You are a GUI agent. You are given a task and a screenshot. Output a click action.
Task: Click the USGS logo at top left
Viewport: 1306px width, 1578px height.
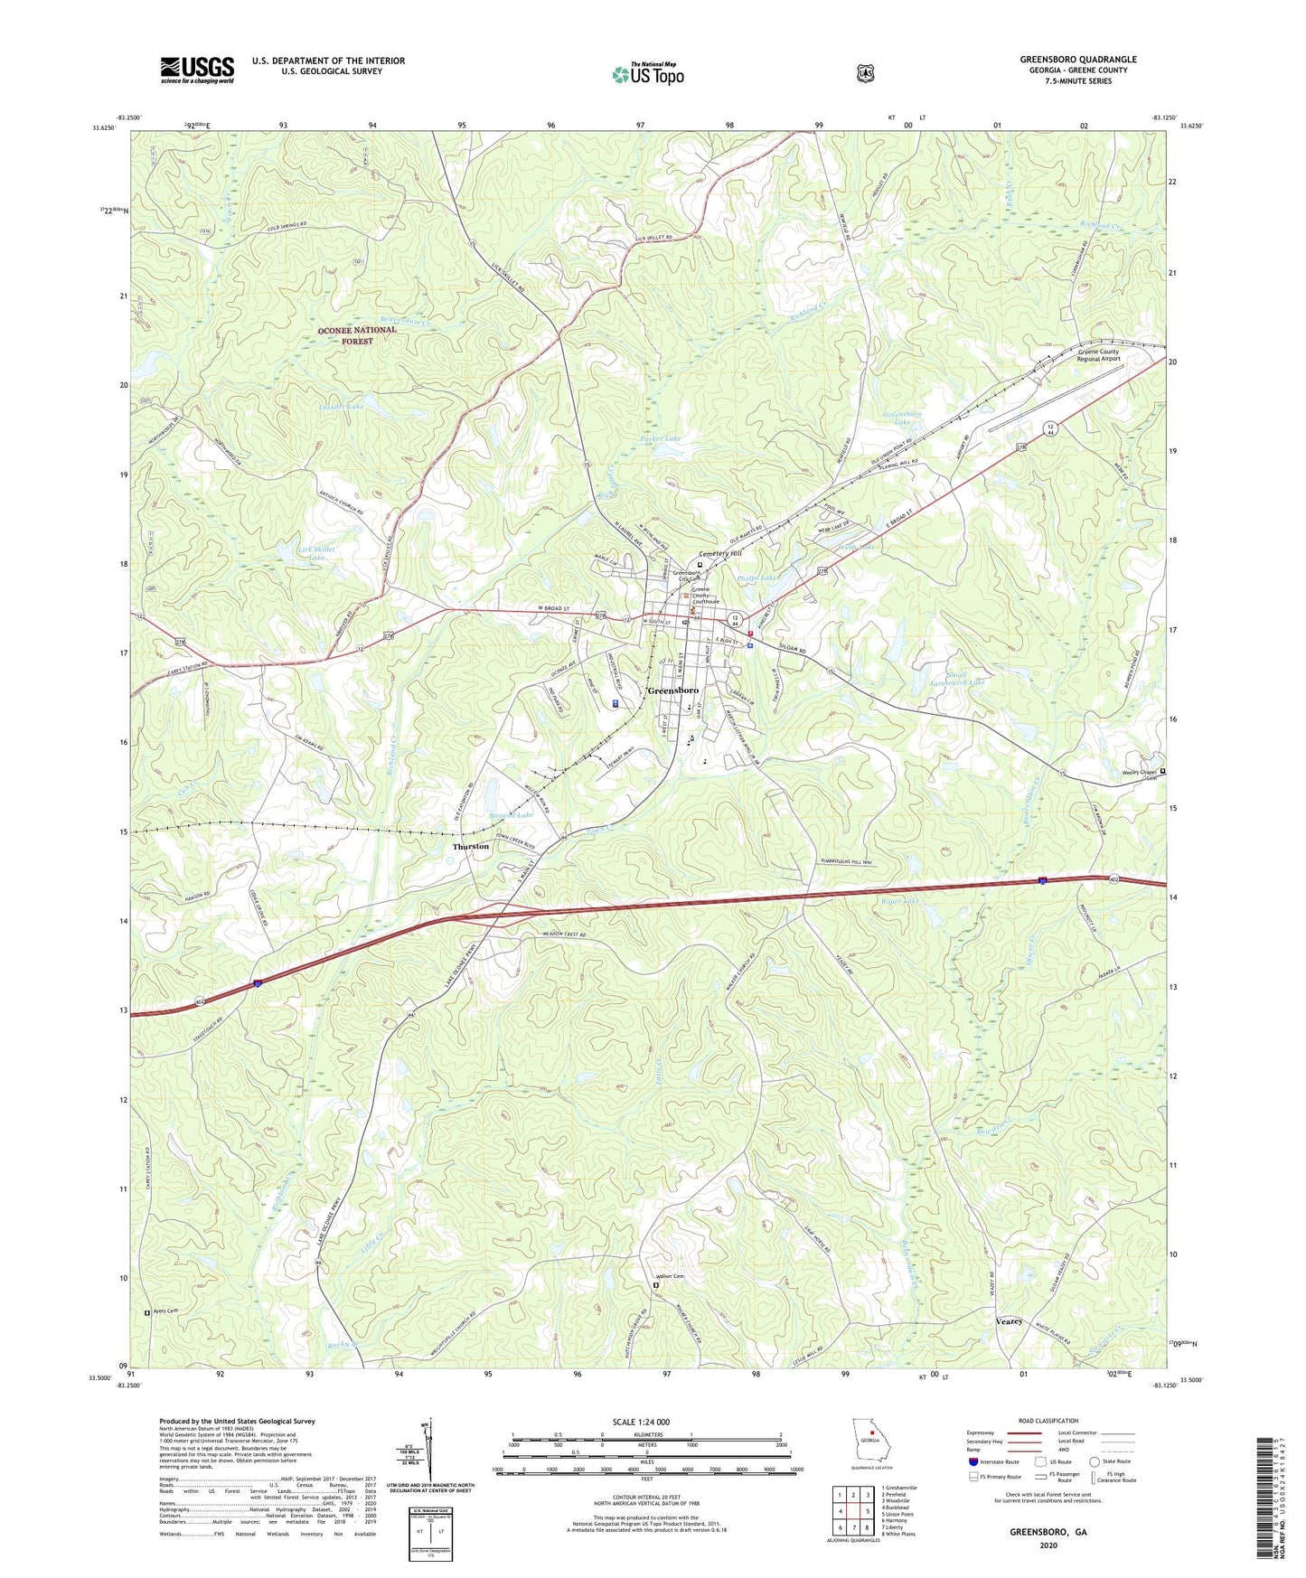point(197,70)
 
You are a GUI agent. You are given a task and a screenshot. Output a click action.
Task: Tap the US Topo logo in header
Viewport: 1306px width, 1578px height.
point(647,74)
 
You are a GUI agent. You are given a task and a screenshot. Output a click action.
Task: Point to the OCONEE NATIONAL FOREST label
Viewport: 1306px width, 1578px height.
point(357,335)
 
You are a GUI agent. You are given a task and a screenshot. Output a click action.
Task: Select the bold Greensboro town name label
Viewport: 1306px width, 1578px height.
point(673,690)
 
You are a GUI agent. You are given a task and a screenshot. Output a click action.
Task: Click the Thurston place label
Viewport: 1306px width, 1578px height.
point(471,847)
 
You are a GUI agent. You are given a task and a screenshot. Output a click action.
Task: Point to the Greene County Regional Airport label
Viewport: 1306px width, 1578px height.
point(1098,355)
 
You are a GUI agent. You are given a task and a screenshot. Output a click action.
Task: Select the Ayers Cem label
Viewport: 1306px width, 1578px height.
point(166,1311)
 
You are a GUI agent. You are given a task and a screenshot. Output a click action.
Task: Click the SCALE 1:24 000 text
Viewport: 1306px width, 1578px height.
point(646,1423)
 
